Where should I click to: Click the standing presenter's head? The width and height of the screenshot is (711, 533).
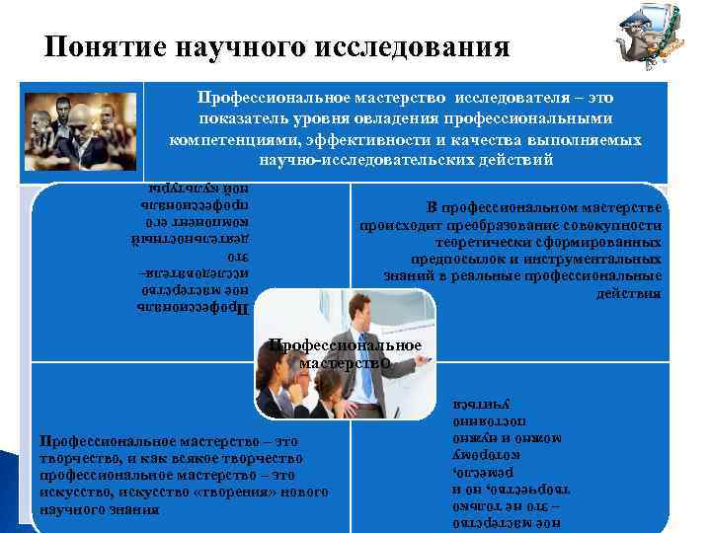pos(357,313)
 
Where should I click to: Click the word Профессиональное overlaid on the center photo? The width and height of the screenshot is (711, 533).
pos(346,345)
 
